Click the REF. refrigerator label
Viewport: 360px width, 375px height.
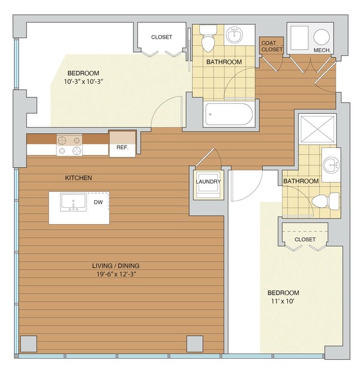(122, 147)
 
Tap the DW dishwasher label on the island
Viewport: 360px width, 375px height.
(98, 202)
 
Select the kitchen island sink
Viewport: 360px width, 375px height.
(73, 202)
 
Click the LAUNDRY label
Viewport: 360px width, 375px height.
(208, 181)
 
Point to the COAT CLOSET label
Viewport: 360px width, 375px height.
(272, 46)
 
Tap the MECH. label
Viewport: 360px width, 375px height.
(322, 50)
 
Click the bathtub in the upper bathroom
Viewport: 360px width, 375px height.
(229, 114)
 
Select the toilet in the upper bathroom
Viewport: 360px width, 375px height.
(208, 38)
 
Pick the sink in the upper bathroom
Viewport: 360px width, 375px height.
(234, 35)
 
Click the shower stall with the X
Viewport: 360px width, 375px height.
(317, 129)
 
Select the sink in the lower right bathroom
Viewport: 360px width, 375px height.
(331, 165)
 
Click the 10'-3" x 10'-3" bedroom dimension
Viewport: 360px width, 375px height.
(83, 82)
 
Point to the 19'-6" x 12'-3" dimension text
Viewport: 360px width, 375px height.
(116, 274)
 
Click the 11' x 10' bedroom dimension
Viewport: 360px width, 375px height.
(282, 301)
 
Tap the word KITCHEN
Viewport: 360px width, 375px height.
(79, 178)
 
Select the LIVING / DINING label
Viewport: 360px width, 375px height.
(116, 266)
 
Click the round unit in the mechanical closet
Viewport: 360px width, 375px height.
(321, 37)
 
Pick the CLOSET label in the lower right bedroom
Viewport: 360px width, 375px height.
(305, 239)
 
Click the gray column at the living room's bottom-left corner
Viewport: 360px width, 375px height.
(29, 344)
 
